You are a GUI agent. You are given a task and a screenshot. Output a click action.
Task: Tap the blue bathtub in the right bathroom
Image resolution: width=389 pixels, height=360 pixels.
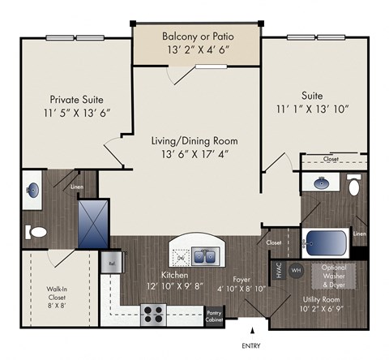pyautogui.click(x=325, y=242)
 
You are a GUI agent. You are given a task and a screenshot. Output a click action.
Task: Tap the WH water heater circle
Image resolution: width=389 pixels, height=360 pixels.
pyautogui.click(x=296, y=270)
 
